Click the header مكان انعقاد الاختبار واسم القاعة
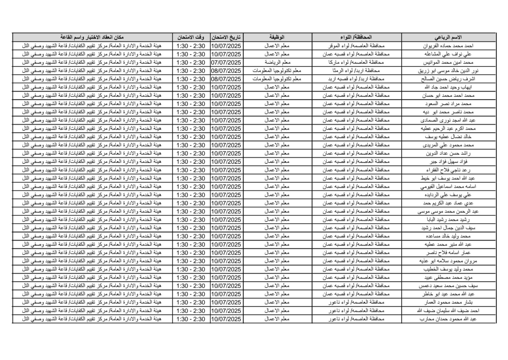pos(91,38)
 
